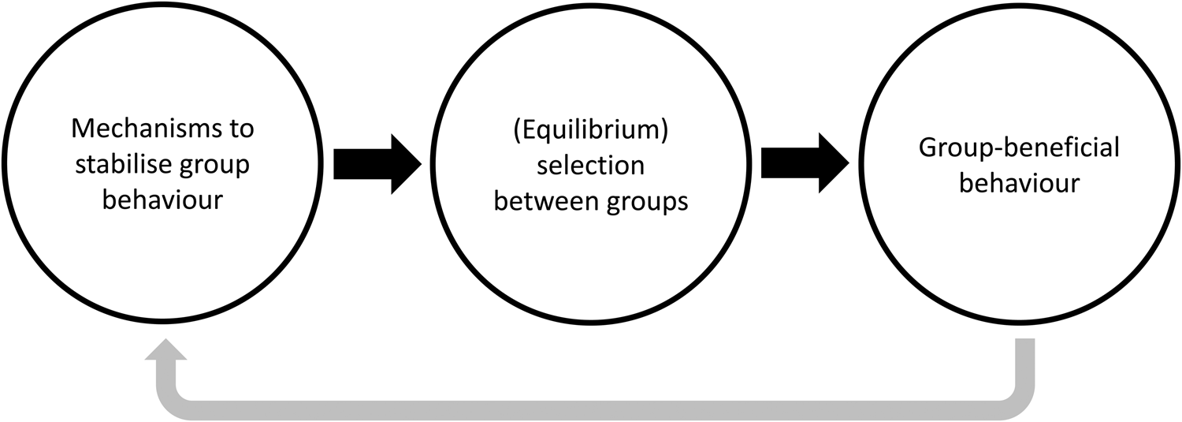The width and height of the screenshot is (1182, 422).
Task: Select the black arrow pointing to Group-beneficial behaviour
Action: (804, 164)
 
